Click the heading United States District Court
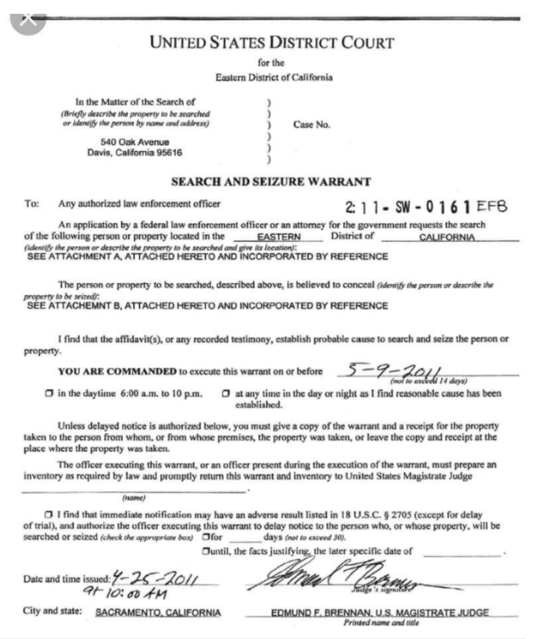point(270,43)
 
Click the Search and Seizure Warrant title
point(270,182)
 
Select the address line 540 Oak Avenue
point(135,142)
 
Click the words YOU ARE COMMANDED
point(117,372)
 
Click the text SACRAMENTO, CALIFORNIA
point(157,612)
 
